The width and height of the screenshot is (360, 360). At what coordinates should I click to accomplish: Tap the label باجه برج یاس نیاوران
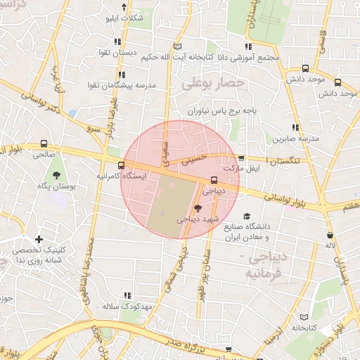[218, 111]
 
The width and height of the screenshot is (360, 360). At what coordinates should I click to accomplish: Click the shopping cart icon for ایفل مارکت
[242, 158]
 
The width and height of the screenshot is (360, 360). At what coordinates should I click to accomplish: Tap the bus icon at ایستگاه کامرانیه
[122, 166]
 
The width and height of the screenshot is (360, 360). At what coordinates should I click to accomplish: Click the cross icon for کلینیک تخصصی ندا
[39, 240]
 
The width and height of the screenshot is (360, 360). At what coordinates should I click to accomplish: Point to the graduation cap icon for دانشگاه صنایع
[246, 217]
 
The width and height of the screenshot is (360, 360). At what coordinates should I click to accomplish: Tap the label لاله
[329, 246]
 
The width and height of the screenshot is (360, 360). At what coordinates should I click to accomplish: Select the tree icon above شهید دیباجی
[198, 208]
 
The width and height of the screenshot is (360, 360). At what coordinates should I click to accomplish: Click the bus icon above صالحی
[44, 141]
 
